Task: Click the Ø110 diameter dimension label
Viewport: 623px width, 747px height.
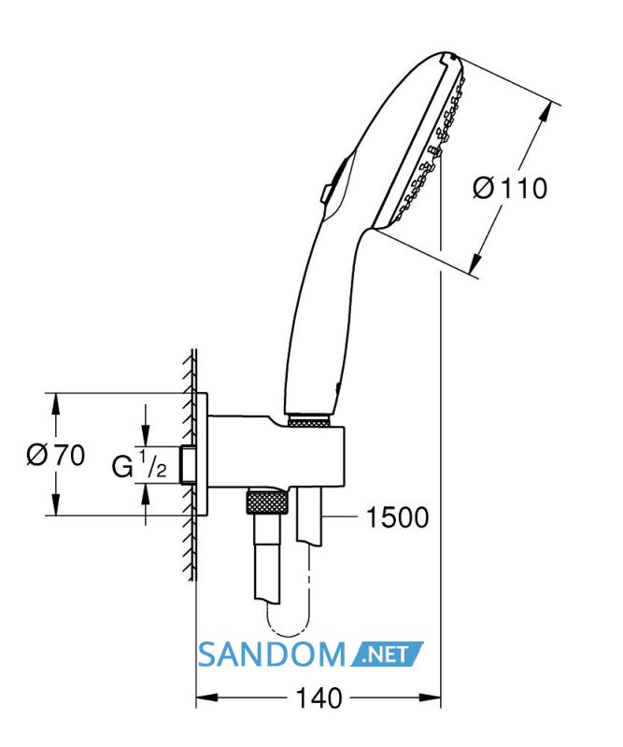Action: (x=510, y=188)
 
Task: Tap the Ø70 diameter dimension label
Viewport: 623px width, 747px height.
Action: (x=56, y=455)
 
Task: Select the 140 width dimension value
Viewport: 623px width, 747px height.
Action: (x=319, y=698)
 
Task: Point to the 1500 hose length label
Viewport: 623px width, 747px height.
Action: (x=397, y=517)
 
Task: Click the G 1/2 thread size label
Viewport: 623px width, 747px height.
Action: (x=139, y=464)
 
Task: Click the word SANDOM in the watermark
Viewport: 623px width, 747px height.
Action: (x=271, y=655)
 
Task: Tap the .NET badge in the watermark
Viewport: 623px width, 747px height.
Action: (x=387, y=655)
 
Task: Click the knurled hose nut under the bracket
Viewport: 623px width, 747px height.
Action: (x=267, y=501)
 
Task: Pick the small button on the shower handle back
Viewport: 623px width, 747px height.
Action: (x=327, y=193)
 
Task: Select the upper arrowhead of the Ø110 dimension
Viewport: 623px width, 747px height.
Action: (x=545, y=113)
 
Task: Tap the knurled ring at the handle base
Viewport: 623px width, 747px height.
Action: (x=309, y=421)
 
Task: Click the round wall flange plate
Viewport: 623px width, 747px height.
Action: (x=201, y=455)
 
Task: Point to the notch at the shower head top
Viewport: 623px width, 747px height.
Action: (x=448, y=58)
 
